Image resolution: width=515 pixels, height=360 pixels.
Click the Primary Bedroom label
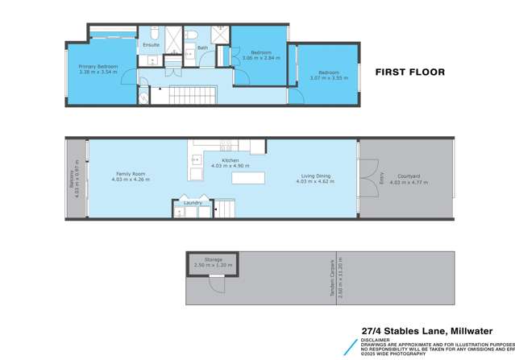click(99, 67)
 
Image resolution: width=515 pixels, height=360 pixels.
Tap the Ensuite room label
click(151, 45)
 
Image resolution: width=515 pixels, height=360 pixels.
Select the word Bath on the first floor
click(202, 48)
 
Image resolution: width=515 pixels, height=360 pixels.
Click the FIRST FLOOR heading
click(410, 72)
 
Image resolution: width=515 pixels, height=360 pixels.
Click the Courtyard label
click(406, 176)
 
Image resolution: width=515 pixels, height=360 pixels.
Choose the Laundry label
click(193, 203)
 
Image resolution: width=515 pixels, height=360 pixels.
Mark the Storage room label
click(213, 259)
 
